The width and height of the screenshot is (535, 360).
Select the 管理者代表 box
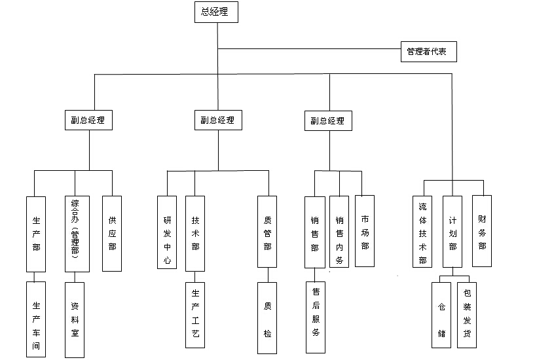tap(427, 52)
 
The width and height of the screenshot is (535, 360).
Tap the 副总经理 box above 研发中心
tap(217, 120)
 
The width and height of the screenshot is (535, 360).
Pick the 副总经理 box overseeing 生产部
tap(88, 120)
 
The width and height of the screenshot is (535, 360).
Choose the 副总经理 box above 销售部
tap(328, 121)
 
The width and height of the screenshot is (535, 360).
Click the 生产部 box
tap(36, 234)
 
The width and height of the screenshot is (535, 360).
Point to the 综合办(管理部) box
tap(75, 234)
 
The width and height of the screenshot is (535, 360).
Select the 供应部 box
tap(112, 234)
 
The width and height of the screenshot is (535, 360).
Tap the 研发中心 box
tap(167, 233)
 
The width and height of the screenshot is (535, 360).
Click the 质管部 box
tap(267, 232)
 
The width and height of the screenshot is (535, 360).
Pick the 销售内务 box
tap(339, 231)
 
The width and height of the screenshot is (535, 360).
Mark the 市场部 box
tap(365, 230)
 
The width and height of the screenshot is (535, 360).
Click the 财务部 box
tap(482, 230)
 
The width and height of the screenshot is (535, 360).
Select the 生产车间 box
tap(36, 319)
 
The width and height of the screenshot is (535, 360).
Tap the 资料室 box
tap(75, 319)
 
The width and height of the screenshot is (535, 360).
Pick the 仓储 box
tap(441, 314)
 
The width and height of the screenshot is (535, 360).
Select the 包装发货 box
tap(466, 314)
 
